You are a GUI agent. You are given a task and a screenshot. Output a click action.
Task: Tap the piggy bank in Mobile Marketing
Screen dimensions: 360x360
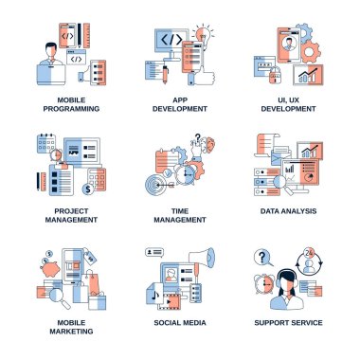pos(50,269)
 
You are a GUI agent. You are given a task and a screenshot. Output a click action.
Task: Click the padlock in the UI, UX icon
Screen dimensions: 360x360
pos(275,76)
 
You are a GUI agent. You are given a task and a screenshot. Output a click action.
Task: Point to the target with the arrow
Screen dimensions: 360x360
pos(157,185)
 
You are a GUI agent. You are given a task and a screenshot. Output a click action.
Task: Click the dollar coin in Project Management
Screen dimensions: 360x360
pos(88,189)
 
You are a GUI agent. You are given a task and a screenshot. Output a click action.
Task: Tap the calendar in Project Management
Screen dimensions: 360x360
pos(46,143)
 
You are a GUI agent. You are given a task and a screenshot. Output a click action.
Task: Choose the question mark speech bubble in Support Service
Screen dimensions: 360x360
pos(262,259)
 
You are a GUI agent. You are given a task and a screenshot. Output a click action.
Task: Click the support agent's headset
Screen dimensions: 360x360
pos(286,278)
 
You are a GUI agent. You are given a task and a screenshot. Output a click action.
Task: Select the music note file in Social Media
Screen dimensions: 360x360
pos(154,297)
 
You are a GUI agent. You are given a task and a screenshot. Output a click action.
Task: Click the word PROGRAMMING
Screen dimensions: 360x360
pos(71,109)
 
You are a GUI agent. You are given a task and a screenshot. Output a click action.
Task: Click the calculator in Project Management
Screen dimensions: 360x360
pos(97,179)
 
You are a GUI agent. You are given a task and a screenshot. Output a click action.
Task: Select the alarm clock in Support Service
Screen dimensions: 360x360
pos(264,284)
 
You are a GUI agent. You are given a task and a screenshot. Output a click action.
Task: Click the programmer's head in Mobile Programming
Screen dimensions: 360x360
pos(51,50)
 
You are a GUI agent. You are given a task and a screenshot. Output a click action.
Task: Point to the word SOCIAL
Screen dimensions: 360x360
pos(167,323)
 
